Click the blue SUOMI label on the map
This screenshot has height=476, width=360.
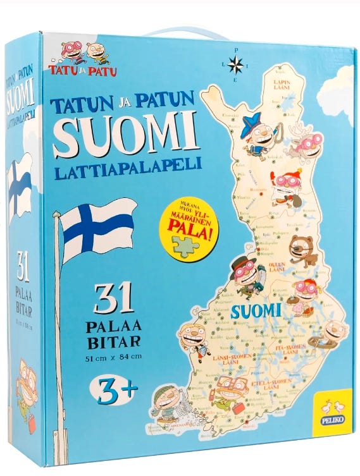pos(255,310)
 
